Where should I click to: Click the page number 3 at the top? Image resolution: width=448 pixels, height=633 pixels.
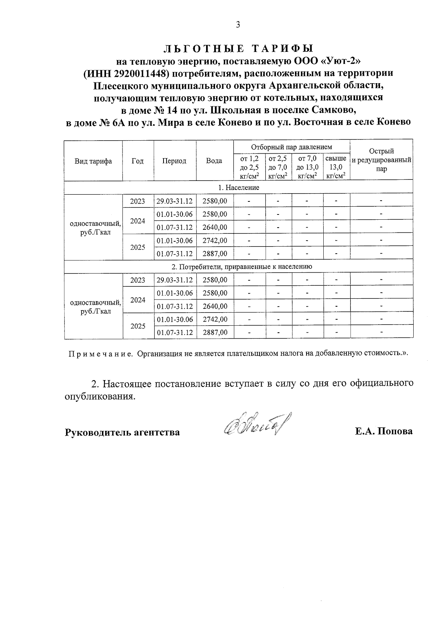click(x=238, y=25)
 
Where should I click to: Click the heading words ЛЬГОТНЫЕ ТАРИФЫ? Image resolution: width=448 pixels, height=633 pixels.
click(x=238, y=48)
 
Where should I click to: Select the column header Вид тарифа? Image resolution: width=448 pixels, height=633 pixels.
click(x=93, y=161)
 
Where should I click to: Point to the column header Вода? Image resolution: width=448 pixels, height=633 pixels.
click(x=214, y=161)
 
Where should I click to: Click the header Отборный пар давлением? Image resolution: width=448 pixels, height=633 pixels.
click(x=291, y=147)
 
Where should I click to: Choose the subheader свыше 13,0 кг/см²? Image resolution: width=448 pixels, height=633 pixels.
click(x=336, y=167)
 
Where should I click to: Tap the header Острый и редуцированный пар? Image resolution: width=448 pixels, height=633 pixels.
click(x=381, y=160)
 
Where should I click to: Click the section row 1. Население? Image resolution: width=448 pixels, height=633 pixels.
click(x=239, y=187)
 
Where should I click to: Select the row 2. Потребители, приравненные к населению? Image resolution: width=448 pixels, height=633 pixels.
click(x=239, y=267)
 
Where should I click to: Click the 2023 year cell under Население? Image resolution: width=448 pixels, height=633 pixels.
click(x=138, y=201)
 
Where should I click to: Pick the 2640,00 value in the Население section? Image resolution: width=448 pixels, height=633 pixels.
click(x=215, y=227)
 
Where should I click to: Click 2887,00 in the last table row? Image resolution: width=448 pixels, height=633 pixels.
click(x=215, y=332)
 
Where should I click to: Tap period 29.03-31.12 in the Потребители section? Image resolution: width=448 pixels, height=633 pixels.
click(x=175, y=280)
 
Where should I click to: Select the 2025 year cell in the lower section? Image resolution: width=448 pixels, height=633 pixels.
click(x=138, y=326)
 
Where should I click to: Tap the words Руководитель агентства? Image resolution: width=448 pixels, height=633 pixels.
click(x=122, y=432)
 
